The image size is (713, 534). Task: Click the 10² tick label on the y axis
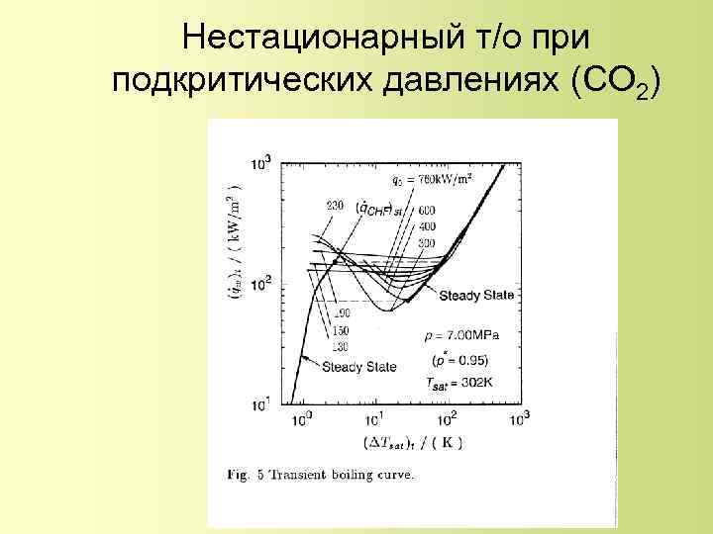point(261,286)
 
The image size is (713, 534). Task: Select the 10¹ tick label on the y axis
point(261,405)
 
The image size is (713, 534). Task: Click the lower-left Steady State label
point(357,368)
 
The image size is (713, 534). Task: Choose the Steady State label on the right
point(475,296)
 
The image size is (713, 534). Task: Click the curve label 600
point(427,209)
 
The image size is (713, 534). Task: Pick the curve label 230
point(335,206)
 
